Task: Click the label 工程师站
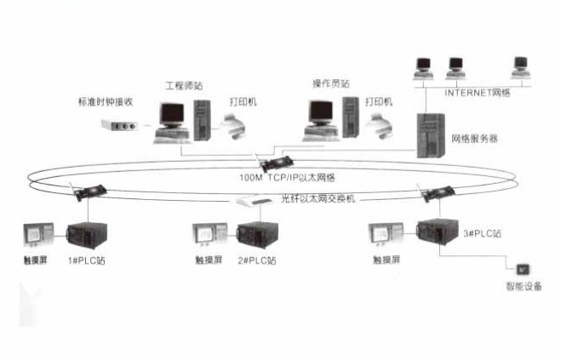183,85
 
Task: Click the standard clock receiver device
119,126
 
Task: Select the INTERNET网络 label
478,91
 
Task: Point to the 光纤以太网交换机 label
320,197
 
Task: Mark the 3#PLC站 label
481,231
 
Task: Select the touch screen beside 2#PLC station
208,235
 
